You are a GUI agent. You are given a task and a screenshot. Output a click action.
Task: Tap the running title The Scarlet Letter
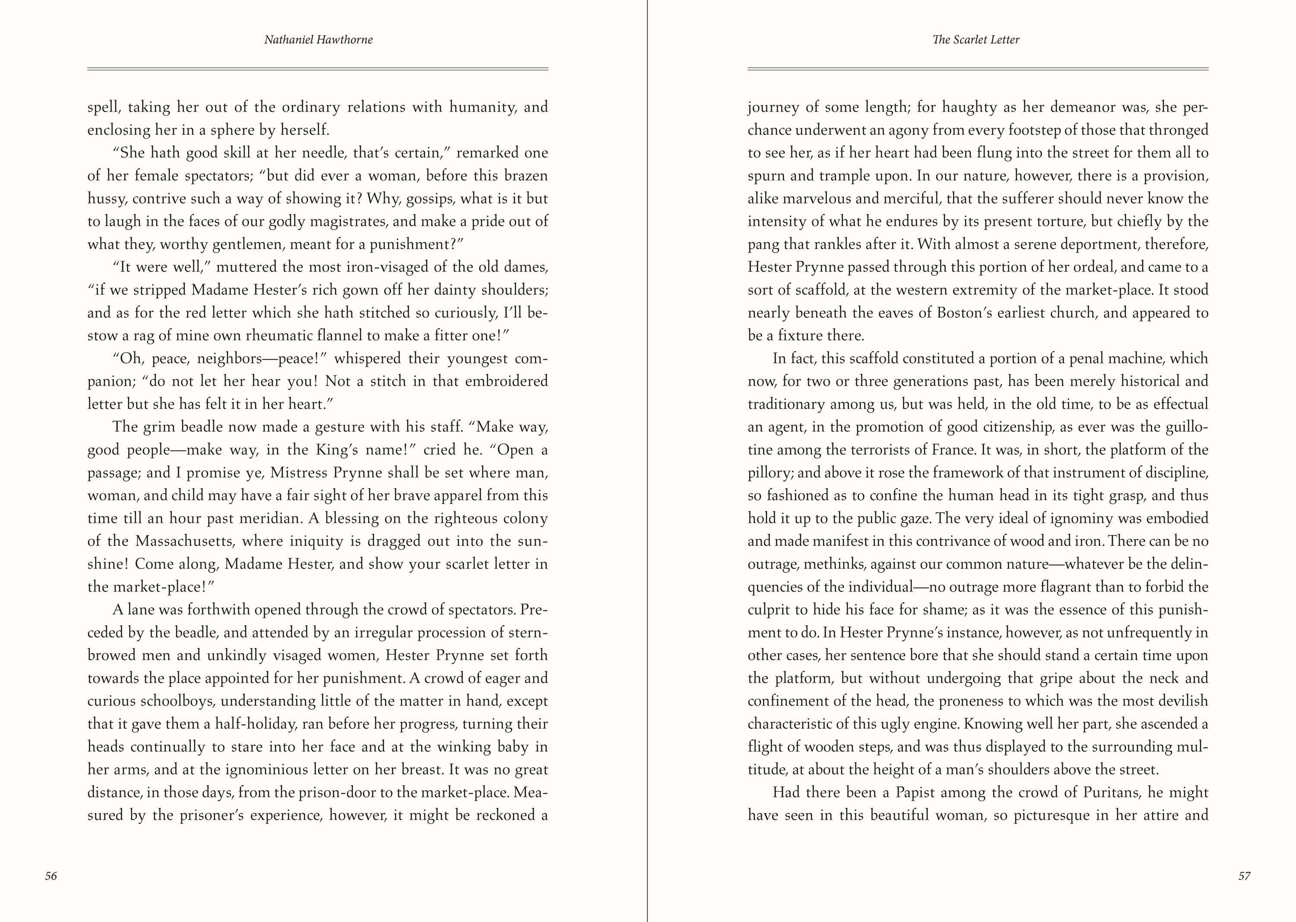tap(976, 40)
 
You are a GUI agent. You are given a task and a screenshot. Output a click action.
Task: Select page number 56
tap(51, 876)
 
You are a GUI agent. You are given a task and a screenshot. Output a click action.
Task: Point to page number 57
tap(1244, 876)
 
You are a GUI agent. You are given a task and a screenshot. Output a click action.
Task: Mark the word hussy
tap(106, 199)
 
